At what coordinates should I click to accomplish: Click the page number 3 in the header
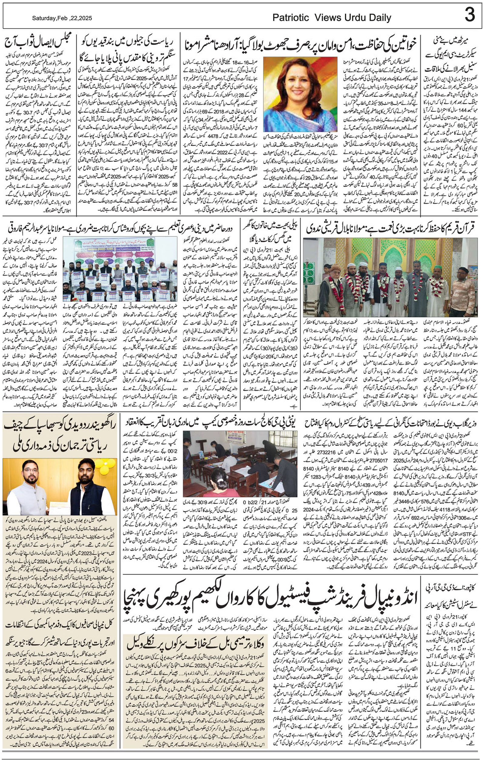(470, 15)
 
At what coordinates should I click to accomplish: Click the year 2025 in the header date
(85, 18)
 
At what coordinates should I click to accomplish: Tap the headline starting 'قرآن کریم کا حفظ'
(391, 229)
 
